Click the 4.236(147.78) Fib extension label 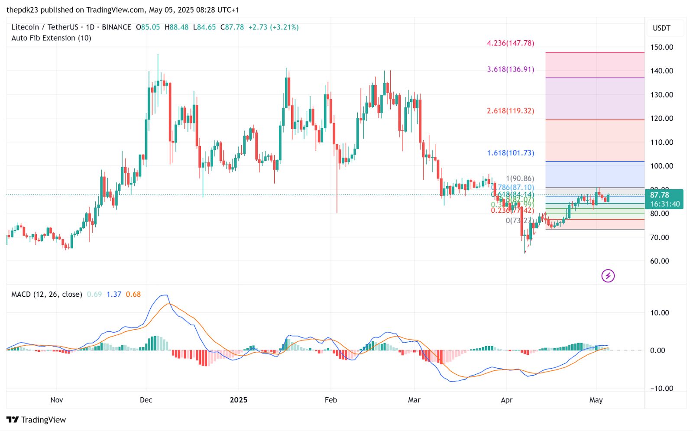click(x=510, y=43)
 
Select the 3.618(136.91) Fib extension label click(x=510, y=69)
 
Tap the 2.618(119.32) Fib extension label click(x=510, y=111)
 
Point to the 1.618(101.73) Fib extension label click(x=510, y=153)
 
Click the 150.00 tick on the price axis click(x=661, y=47)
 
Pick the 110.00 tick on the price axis click(x=661, y=142)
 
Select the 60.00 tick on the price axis click(x=659, y=261)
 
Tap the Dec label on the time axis click(x=146, y=400)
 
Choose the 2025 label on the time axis click(x=238, y=400)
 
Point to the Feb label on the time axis click(x=330, y=400)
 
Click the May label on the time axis click(x=596, y=400)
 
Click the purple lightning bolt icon click(x=608, y=275)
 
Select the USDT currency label click(x=661, y=28)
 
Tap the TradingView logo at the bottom click(x=36, y=420)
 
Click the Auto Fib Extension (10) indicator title click(x=51, y=38)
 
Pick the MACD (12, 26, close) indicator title click(x=46, y=295)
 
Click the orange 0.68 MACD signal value click(x=133, y=295)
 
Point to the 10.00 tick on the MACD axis click(x=659, y=313)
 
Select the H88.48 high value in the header click(x=176, y=27)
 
